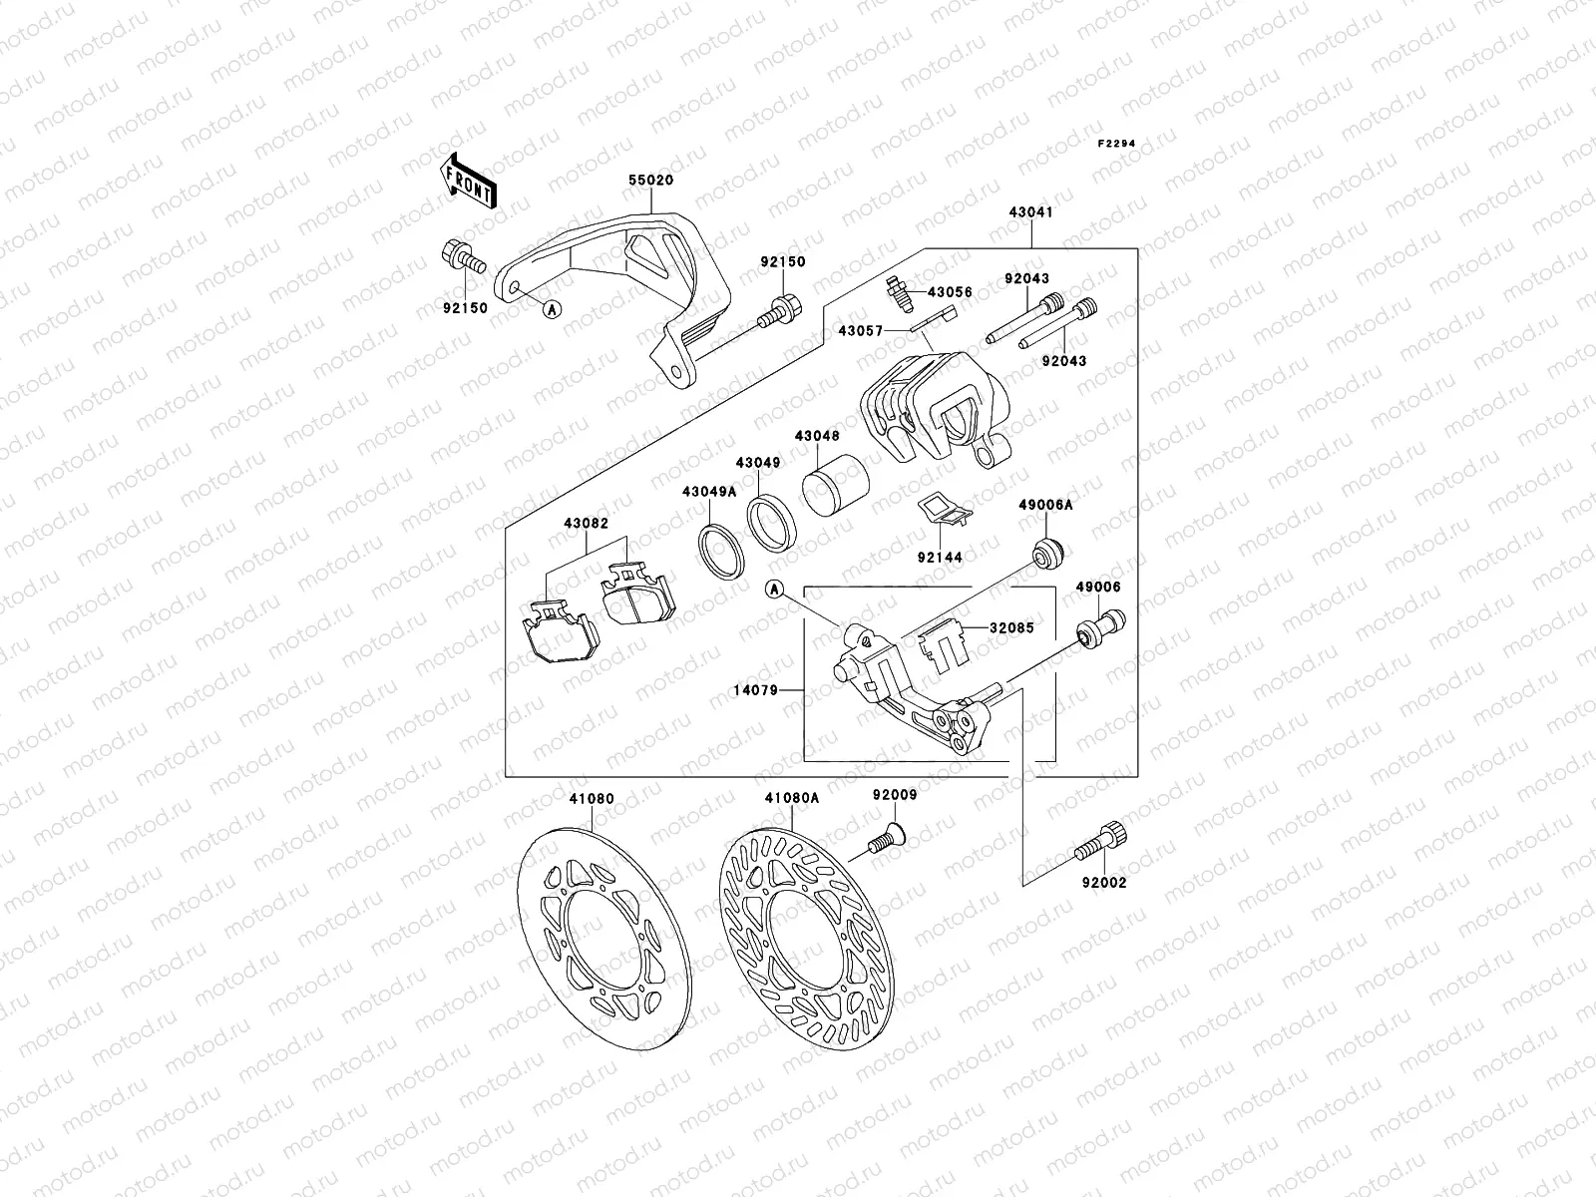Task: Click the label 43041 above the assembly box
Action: [x=1031, y=212]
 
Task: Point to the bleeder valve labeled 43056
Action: [x=896, y=293]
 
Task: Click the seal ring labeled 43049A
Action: [x=720, y=549]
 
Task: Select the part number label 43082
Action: [x=585, y=524]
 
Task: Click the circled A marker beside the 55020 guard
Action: [x=552, y=309]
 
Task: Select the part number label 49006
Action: [x=1097, y=588]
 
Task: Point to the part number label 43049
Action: [x=758, y=463]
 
